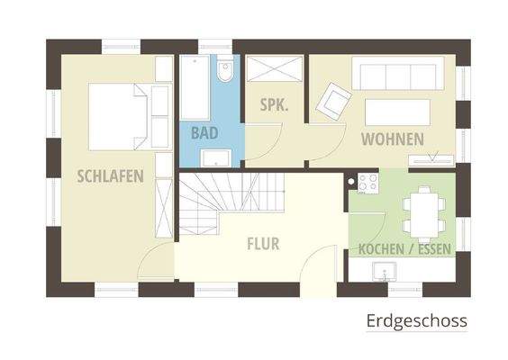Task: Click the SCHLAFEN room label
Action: click(x=111, y=175)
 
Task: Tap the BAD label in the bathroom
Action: click(x=204, y=133)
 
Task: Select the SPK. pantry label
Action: click(x=274, y=105)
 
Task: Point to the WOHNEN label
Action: click(x=393, y=139)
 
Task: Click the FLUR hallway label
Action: click(x=264, y=243)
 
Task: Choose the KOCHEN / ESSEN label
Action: click(x=404, y=248)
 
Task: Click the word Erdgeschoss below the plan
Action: click(x=417, y=320)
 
